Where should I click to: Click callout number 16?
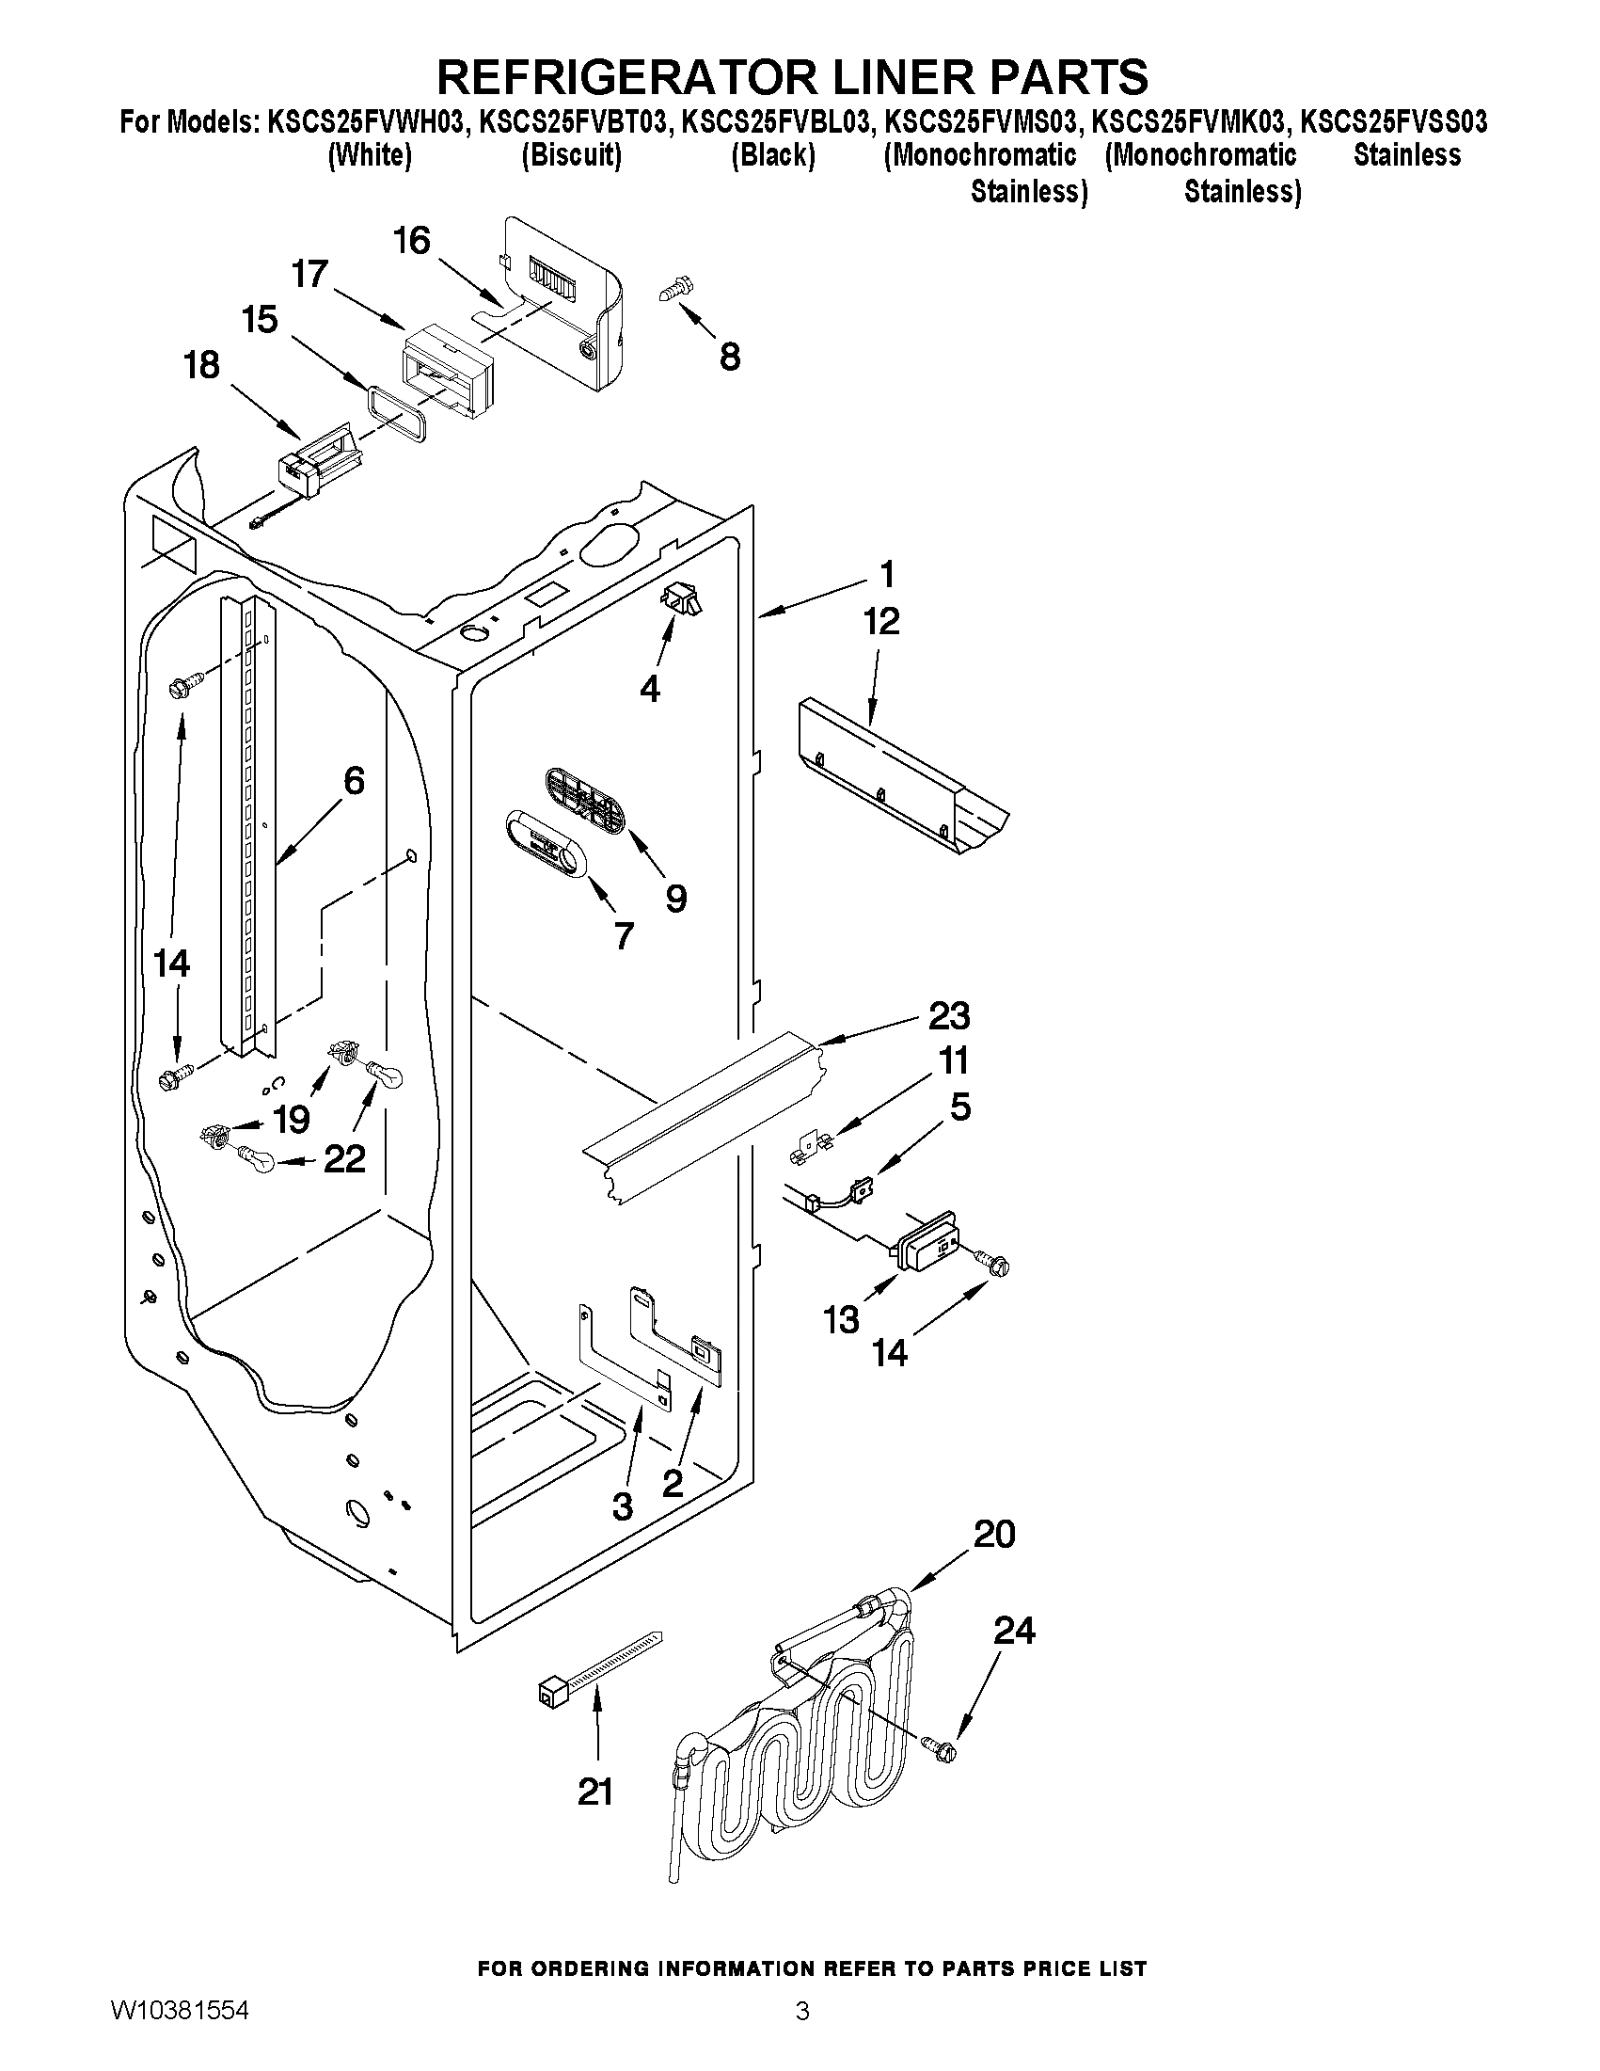[x=411, y=241]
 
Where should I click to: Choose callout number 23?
[x=949, y=1015]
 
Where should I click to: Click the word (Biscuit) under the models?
[x=572, y=155]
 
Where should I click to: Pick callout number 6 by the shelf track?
[x=353, y=781]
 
